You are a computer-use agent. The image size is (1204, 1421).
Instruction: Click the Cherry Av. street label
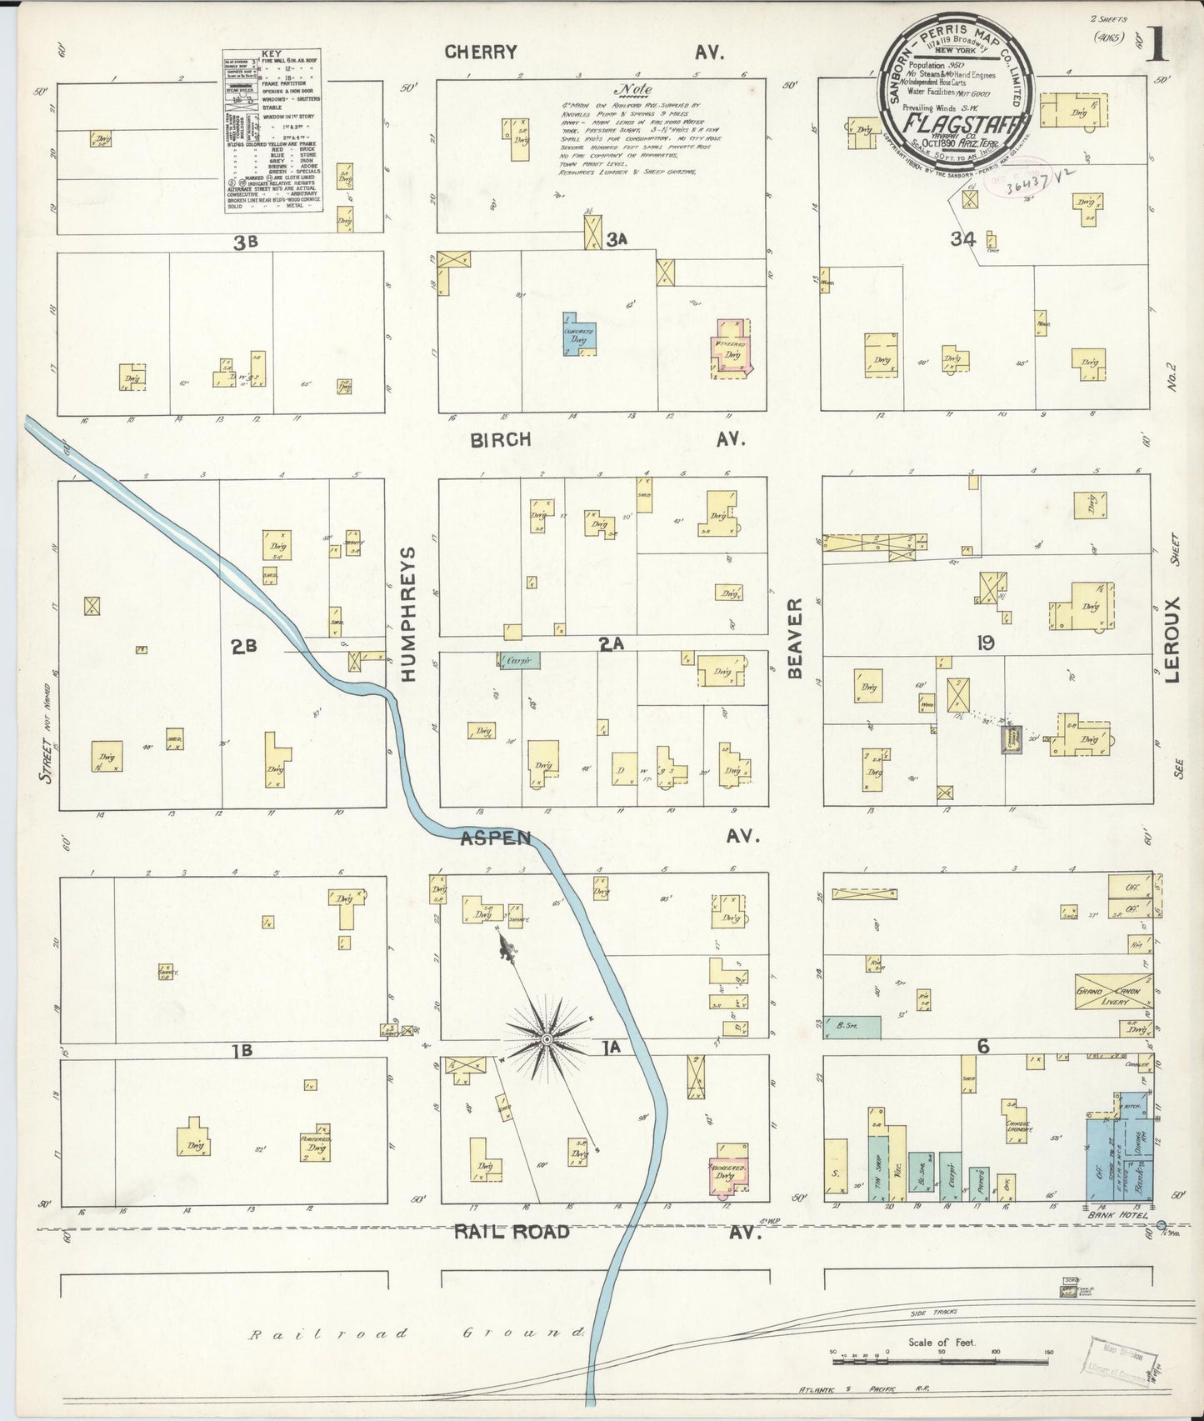pos(481,53)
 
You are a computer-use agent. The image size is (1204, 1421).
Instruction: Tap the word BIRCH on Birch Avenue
pos(500,440)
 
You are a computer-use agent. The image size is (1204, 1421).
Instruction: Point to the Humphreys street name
pos(409,614)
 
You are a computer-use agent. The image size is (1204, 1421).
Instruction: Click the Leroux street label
pos(1173,640)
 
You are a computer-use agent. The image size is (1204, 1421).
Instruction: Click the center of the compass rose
pos(547,1039)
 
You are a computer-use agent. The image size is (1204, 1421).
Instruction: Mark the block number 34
pos(962,239)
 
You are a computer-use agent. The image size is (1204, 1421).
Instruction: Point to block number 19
pos(985,643)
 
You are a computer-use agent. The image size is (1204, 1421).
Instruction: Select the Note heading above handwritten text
pos(632,90)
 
